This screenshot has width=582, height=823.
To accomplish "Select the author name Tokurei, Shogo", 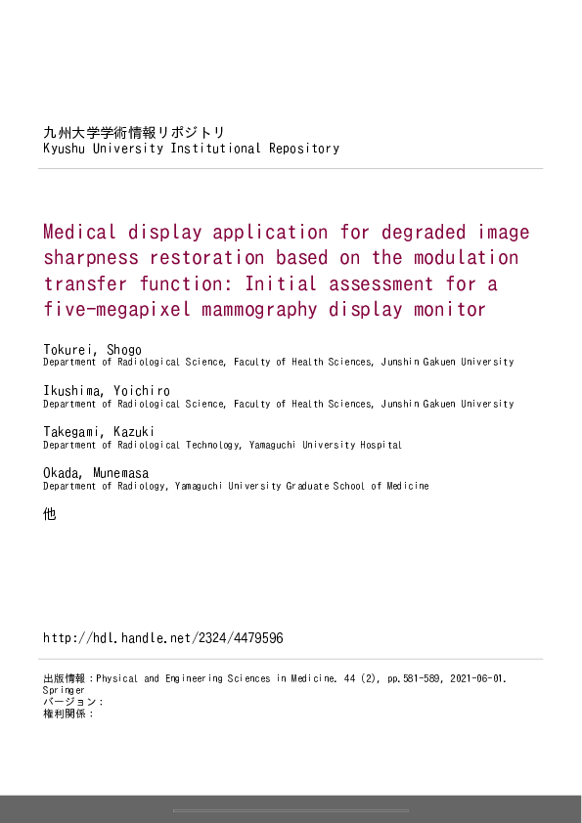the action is pyautogui.click(x=92, y=350).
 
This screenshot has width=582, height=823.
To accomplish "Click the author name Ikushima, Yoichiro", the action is pyautogui.click(x=106, y=391).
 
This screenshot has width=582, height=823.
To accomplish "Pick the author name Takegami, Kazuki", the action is pyautogui.click(x=99, y=432).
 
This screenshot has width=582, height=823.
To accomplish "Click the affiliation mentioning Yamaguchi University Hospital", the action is pyautogui.click(x=222, y=445).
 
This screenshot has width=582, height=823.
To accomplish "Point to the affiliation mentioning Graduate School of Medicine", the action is pyautogui.click(x=236, y=486).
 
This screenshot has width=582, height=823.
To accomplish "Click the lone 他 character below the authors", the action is pyautogui.click(x=50, y=513).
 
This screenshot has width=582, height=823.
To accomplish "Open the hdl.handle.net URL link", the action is pyautogui.click(x=163, y=638).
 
